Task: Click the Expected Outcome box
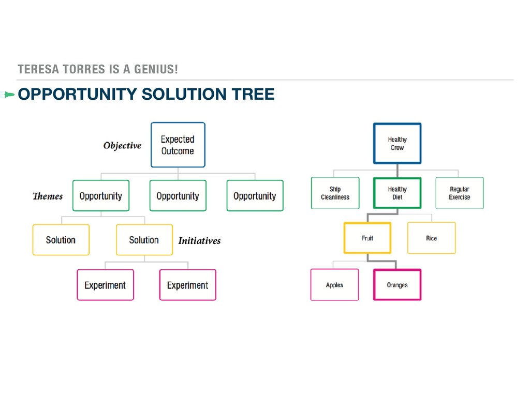(x=178, y=145)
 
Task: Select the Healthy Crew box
(x=397, y=143)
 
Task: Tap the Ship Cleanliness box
(x=335, y=193)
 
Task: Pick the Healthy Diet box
(x=397, y=193)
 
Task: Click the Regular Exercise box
(x=459, y=193)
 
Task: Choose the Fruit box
(x=367, y=238)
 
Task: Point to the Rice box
(x=431, y=238)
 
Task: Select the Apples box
(x=334, y=285)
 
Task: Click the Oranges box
(x=397, y=285)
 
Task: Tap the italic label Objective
(x=122, y=146)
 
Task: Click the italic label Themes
(x=48, y=196)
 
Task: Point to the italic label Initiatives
(x=199, y=241)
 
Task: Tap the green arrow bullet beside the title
(x=7, y=94)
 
